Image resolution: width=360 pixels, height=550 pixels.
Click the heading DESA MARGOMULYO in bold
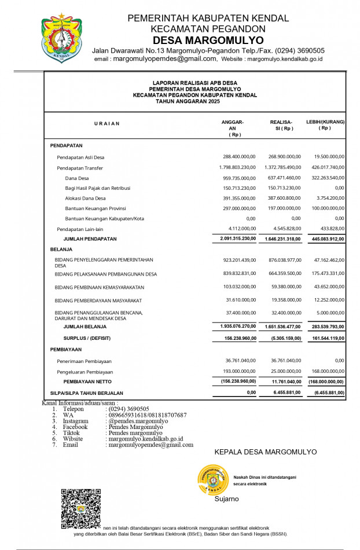[208, 40]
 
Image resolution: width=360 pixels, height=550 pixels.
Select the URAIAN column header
[107, 123]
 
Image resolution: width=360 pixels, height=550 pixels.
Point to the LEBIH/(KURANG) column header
[325, 125]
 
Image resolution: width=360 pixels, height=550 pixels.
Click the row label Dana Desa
[77, 178]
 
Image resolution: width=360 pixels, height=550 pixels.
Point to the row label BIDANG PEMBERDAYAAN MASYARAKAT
[98, 300]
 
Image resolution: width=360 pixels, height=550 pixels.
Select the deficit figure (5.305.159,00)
[284, 338]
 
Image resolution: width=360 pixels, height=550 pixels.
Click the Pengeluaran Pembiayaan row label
[85, 372]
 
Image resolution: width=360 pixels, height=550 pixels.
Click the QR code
[80, 508]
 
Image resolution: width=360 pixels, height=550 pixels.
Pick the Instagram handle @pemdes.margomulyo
[138, 421]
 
